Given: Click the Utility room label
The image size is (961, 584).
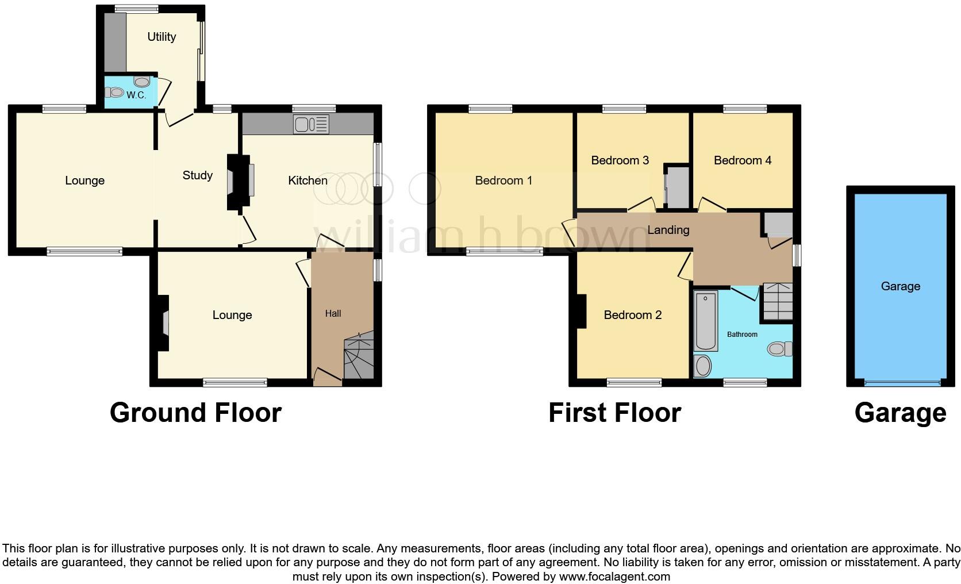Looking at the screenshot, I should (x=162, y=37).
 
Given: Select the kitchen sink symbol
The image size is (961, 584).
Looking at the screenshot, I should (x=310, y=124).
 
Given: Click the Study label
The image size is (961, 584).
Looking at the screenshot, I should (x=197, y=175).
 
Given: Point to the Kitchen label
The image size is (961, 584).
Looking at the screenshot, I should (x=307, y=180).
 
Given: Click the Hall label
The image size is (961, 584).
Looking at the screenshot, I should (x=333, y=313).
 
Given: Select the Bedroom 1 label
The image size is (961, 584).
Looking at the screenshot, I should (x=503, y=180).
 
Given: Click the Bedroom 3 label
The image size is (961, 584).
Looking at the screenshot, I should (x=620, y=160).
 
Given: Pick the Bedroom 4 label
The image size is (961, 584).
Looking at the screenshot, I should (x=742, y=160).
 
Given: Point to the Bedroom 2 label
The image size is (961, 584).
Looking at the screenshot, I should (x=632, y=315).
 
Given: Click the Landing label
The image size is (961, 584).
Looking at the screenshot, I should (x=668, y=230).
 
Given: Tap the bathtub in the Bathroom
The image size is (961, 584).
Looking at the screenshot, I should (x=705, y=321).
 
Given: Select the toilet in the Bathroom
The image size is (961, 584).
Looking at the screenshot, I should (x=780, y=348).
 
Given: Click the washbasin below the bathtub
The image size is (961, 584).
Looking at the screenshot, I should (x=702, y=366).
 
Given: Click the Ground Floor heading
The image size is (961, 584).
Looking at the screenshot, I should (x=195, y=413).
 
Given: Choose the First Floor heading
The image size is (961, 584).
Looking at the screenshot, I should (x=614, y=413).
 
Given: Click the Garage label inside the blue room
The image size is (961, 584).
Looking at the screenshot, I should (x=900, y=286).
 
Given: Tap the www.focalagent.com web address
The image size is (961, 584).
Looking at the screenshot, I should (x=614, y=577).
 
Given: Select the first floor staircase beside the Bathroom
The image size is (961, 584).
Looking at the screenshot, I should (x=777, y=302).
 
